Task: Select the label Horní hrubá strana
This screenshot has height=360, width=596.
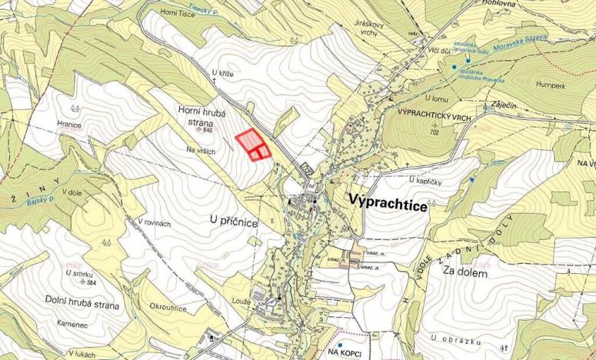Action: [x=201, y=116]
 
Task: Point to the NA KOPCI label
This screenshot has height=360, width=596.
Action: [x=345, y=352]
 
